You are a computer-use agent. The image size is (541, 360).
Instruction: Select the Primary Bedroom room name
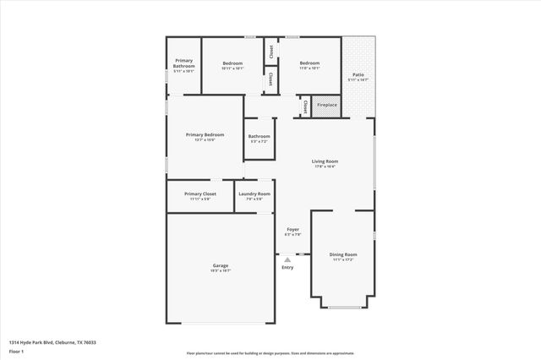point(205,134)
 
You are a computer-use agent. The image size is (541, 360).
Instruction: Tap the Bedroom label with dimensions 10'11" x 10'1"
point(232,63)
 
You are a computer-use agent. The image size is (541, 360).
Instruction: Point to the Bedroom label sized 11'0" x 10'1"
point(309,63)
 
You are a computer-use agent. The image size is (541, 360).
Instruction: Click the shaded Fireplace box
point(326,105)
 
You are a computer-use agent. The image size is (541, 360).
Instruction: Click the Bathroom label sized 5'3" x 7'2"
point(259,137)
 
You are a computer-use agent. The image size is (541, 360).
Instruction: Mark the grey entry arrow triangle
point(287,259)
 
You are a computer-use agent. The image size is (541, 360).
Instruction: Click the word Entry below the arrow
point(287,268)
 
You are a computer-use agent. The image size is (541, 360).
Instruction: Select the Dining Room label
point(343,254)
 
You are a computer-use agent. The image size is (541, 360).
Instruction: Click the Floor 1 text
point(17,351)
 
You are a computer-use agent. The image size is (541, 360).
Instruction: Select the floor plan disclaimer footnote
point(270,352)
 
